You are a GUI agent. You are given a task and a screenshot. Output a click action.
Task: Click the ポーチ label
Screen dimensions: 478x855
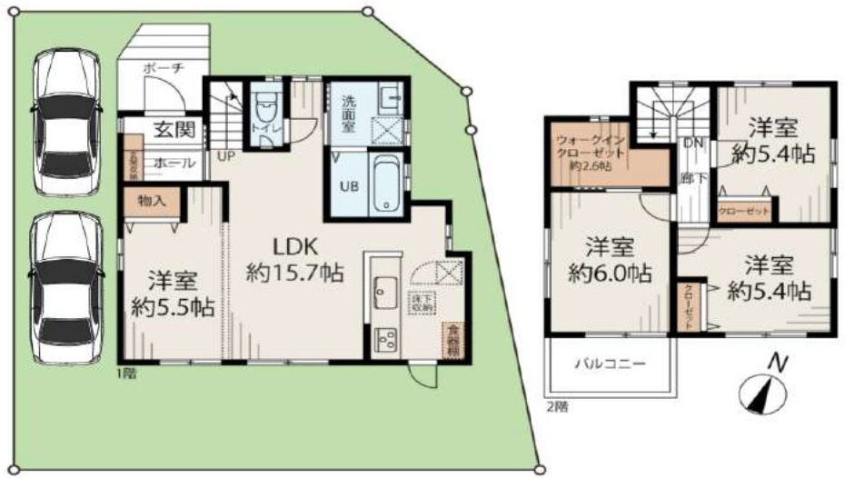point(164,68)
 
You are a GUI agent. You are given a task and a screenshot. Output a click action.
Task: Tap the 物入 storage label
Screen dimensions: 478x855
point(152,201)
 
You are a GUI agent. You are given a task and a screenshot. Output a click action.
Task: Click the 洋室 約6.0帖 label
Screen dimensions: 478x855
point(608,259)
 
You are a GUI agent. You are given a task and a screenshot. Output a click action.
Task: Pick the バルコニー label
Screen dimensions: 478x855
point(610,363)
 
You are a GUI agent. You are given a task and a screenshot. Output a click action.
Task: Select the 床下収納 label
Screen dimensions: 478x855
point(422,304)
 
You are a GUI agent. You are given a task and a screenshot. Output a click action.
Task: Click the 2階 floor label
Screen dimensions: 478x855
point(557,406)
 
